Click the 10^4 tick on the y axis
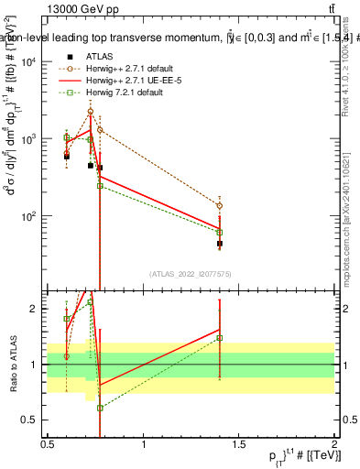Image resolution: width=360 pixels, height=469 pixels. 29,61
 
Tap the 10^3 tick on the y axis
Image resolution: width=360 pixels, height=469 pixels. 29,139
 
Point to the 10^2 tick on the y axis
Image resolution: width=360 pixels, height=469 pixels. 29,217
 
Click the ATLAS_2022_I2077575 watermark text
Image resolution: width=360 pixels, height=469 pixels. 191,273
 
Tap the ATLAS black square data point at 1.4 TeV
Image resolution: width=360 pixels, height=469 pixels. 220,244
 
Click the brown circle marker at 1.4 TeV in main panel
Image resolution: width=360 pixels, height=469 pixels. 220,205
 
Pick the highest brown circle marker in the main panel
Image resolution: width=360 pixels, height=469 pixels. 91,112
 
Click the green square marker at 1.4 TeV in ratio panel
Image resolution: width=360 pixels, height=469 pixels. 220,337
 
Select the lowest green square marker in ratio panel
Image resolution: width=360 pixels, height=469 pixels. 100,408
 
